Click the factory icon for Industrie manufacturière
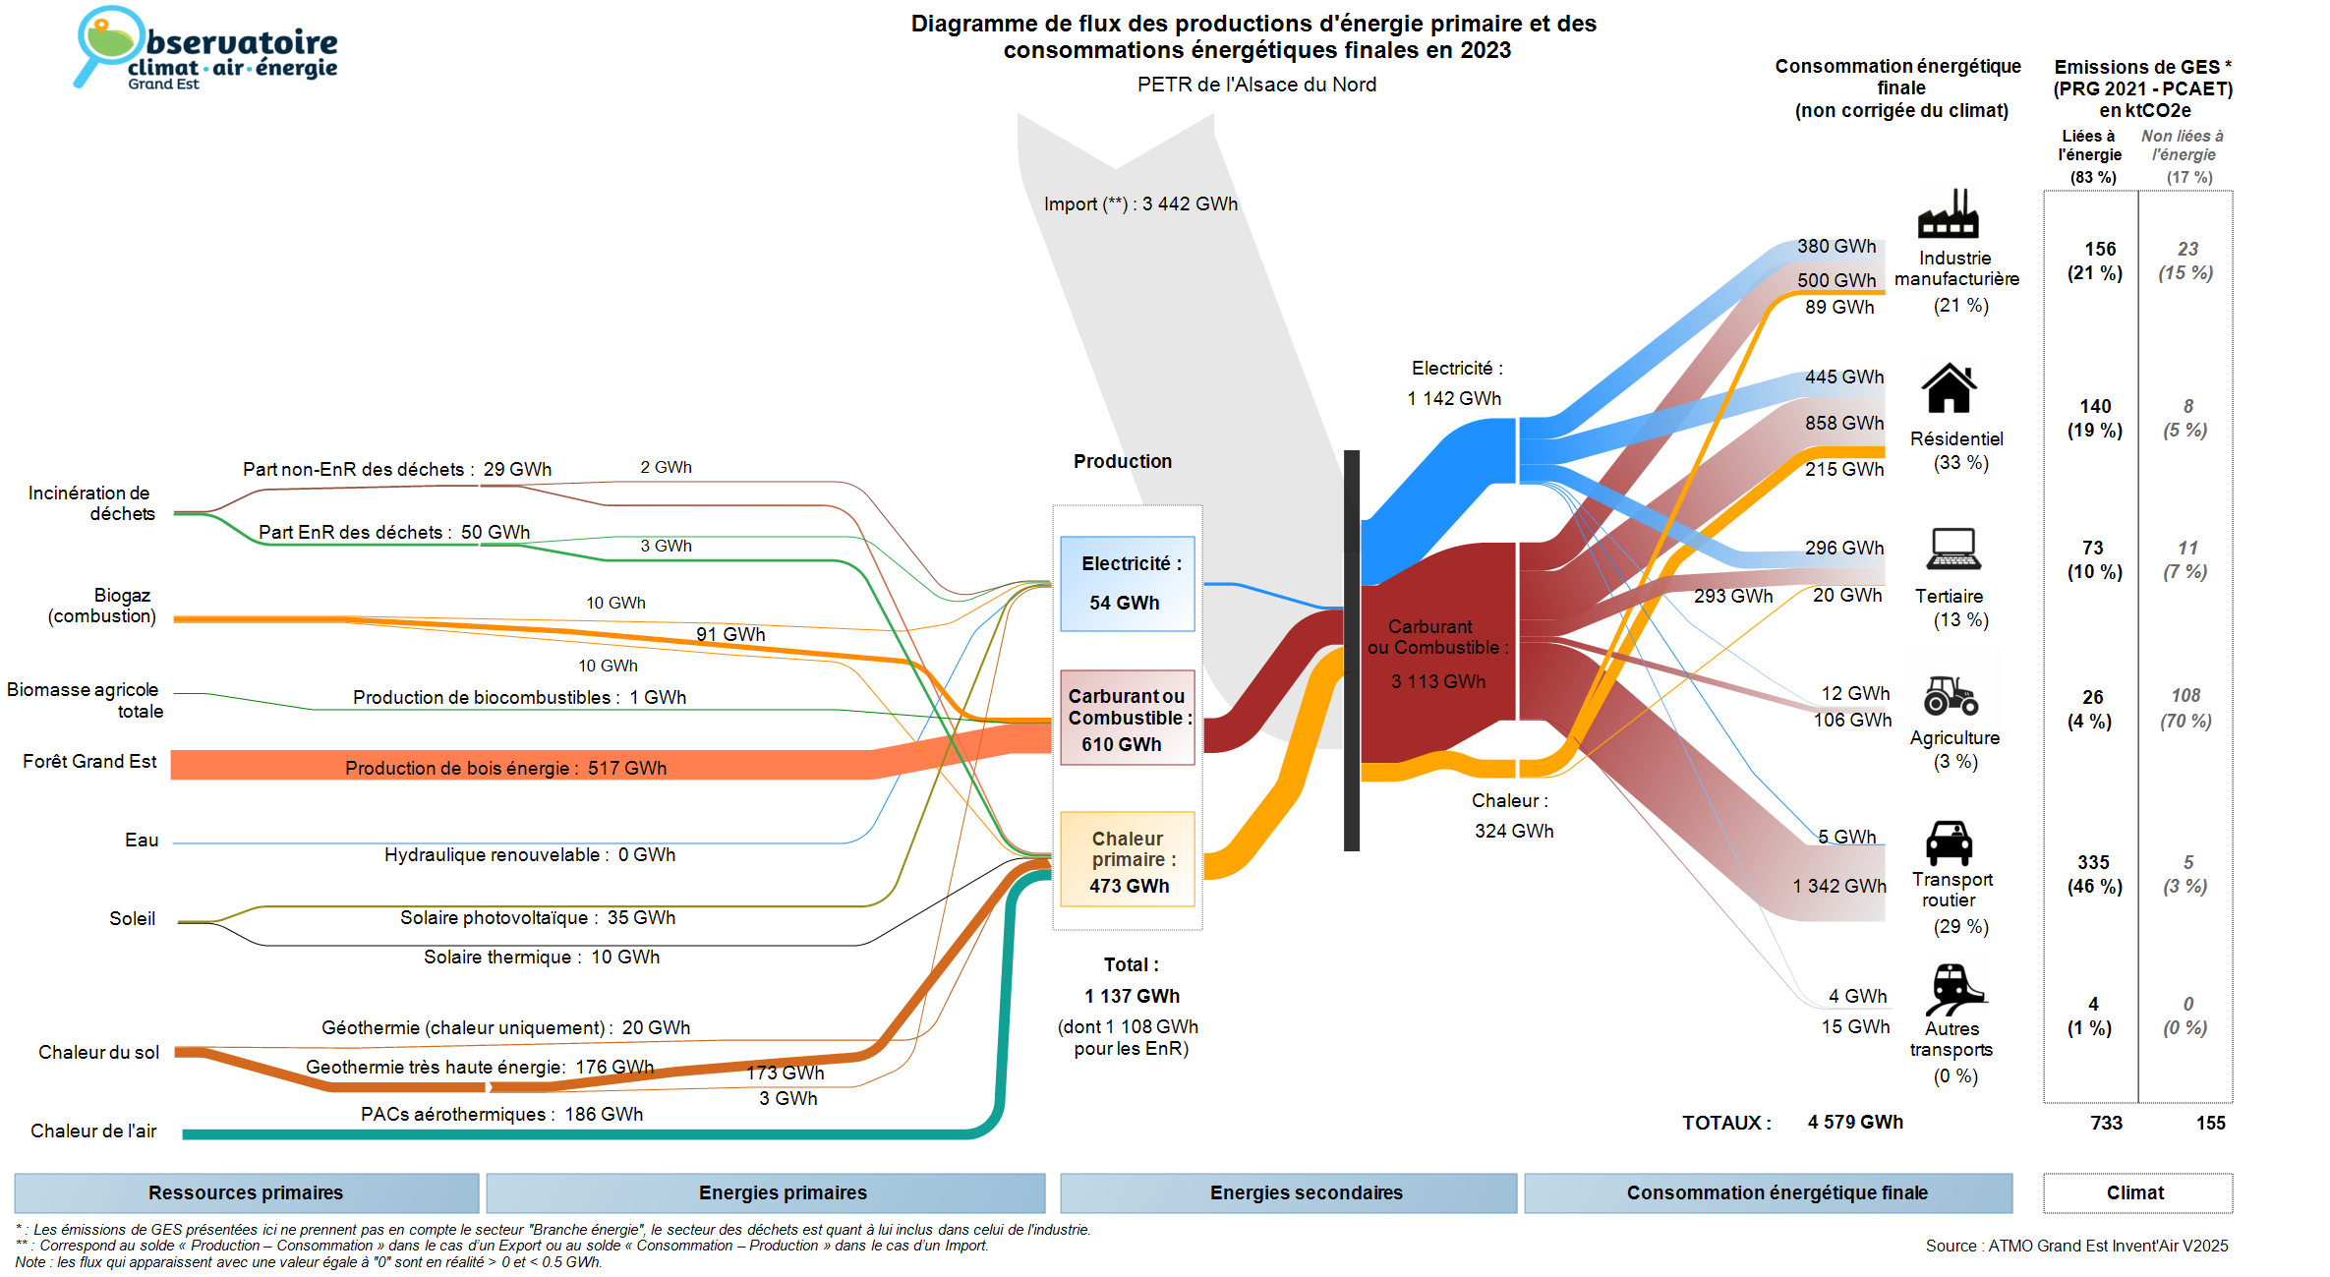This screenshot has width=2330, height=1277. pyautogui.click(x=1948, y=214)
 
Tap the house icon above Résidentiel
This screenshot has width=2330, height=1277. pyautogui.click(x=1949, y=388)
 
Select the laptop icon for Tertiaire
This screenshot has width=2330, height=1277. pyautogui.click(x=1953, y=550)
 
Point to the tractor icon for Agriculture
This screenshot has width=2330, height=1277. pyautogui.click(x=1951, y=695)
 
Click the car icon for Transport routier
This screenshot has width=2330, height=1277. pyautogui.click(x=1949, y=843)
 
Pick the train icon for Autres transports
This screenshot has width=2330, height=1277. pyautogui.click(x=1953, y=988)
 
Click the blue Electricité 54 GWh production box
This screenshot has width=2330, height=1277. pyautogui.click(x=1128, y=584)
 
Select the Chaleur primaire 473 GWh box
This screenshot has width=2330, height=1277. pyautogui.click(x=1128, y=860)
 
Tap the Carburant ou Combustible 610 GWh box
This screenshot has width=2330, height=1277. pyautogui.click(x=1128, y=719)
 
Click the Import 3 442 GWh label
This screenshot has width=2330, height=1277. pyautogui.click(x=1140, y=204)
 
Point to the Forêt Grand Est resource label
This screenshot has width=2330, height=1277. pyautogui.click(x=89, y=762)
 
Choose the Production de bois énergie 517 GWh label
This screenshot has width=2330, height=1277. pyautogui.click(x=505, y=768)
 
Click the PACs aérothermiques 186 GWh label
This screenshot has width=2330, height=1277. pyautogui.click(x=501, y=1115)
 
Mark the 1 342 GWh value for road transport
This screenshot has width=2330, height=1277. pyautogui.click(x=1839, y=887)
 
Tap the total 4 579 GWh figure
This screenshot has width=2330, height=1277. pyautogui.click(x=1855, y=1123)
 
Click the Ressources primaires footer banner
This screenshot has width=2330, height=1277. pyautogui.click(x=246, y=1193)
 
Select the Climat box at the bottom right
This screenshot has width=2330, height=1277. pyautogui.click(x=2136, y=1193)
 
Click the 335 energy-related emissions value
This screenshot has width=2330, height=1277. pyautogui.click(x=2093, y=863)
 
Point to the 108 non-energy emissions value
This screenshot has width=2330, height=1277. pyautogui.click(x=2185, y=696)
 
